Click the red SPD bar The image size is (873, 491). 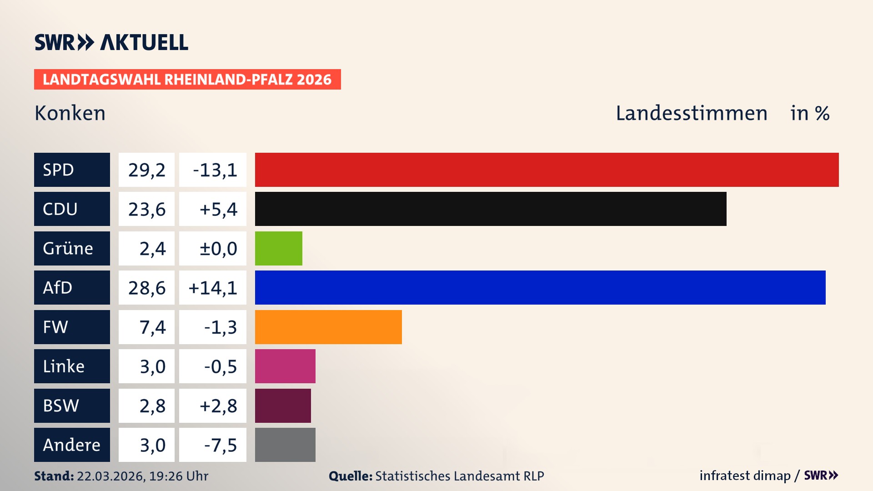point(547,170)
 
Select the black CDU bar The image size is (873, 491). point(490,209)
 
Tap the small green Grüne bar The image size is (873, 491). point(278,248)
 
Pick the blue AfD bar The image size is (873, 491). point(540,287)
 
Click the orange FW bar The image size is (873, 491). point(328,327)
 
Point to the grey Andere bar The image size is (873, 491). point(285,445)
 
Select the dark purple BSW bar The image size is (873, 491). point(283,406)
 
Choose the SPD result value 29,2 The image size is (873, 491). point(146,170)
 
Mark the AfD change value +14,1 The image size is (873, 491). point(213,287)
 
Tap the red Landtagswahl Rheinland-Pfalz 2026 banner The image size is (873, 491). point(187,79)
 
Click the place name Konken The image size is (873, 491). point(70,113)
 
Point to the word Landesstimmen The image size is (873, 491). point(691,113)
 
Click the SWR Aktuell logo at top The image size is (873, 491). point(111,42)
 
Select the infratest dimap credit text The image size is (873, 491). point(745,476)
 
